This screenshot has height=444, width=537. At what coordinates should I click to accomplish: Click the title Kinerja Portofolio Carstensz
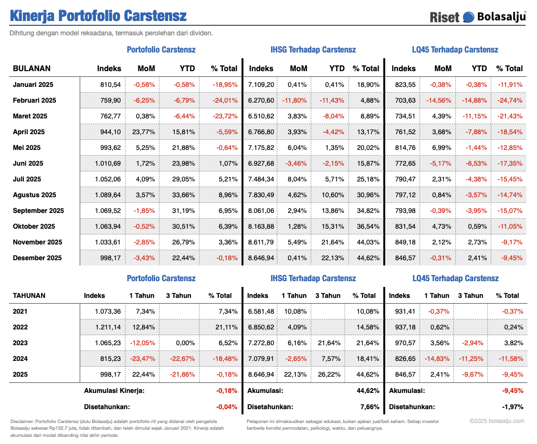click(98, 16)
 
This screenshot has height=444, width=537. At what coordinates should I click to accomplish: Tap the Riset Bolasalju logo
click(477, 17)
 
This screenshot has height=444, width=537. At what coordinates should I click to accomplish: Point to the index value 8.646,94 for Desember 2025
click(261, 258)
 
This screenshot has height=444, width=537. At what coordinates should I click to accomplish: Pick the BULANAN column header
click(32, 68)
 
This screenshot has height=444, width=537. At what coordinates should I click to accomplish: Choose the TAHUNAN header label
click(29, 296)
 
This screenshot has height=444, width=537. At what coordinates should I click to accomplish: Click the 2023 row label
click(20, 343)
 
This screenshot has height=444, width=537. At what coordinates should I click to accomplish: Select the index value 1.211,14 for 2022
click(108, 327)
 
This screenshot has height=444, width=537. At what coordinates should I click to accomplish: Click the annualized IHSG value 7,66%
click(370, 407)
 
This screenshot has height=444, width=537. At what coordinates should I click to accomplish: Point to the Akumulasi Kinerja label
click(114, 391)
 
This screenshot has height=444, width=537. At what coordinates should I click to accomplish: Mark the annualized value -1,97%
click(513, 407)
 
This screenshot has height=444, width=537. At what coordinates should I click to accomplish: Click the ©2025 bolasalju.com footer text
click(496, 421)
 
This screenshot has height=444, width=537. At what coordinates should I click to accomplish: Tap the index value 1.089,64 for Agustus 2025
click(108, 195)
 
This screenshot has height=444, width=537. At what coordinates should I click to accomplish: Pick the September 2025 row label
click(38, 211)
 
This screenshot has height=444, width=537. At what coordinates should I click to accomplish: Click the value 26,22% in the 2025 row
click(327, 374)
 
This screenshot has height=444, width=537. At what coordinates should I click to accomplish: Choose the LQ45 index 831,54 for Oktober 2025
click(404, 226)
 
